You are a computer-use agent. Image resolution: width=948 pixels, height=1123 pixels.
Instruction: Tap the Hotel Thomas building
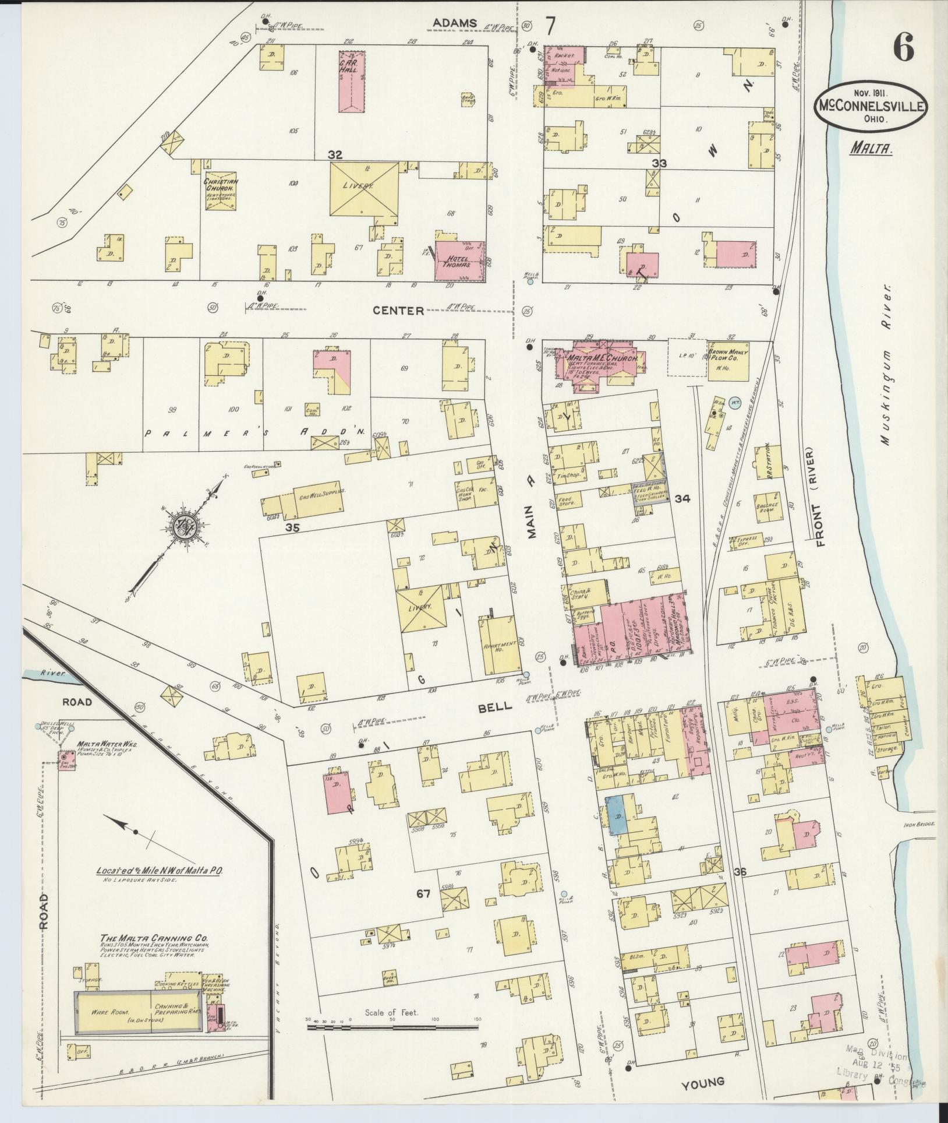click(x=460, y=261)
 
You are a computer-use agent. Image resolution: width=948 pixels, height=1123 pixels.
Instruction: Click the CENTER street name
click(x=398, y=311)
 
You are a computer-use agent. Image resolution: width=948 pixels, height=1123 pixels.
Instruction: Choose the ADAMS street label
click(x=455, y=23)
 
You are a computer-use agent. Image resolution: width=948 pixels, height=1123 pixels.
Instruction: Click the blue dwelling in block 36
click(x=617, y=814)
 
